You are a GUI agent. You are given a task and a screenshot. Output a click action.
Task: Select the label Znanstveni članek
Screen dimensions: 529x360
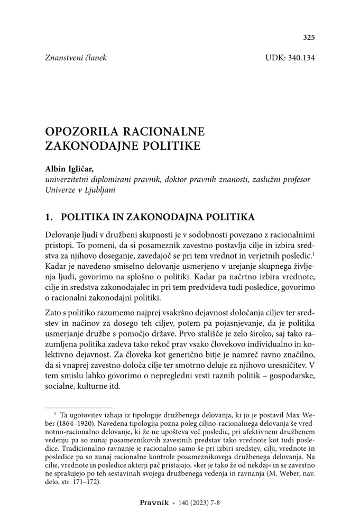76,58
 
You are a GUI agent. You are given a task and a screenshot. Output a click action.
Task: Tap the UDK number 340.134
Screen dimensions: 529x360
301,58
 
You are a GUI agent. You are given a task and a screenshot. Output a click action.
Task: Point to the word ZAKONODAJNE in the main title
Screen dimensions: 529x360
87,145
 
